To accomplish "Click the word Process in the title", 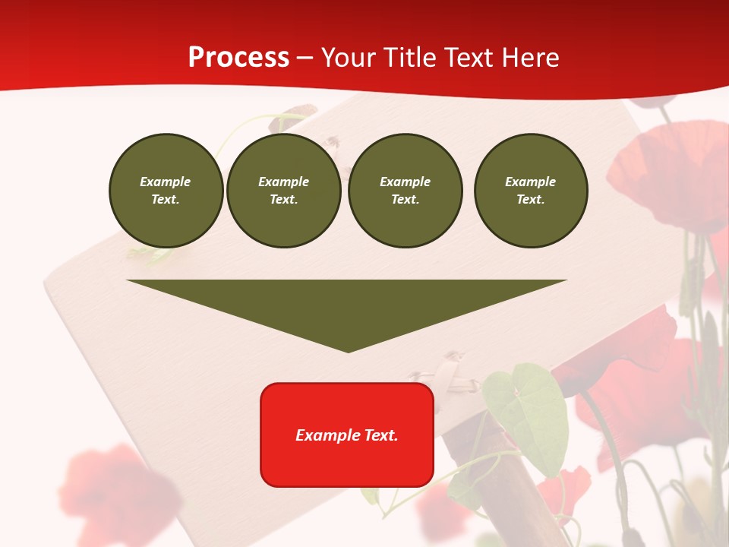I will tap(238, 58).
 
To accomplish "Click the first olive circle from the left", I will tap(166, 191).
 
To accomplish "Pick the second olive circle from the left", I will tap(283, 191).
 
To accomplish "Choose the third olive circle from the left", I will tap(405, 191).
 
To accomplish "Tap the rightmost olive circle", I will tap(530, 191).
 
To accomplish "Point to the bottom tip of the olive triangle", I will tap(348, 350).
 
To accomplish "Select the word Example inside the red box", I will tap(325, 435).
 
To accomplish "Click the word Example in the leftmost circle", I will tap(166, 182).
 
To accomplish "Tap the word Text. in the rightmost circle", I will tap(530, 200).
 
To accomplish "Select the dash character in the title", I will tap(305, 58).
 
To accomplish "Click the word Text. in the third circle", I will tap(405, 200).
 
